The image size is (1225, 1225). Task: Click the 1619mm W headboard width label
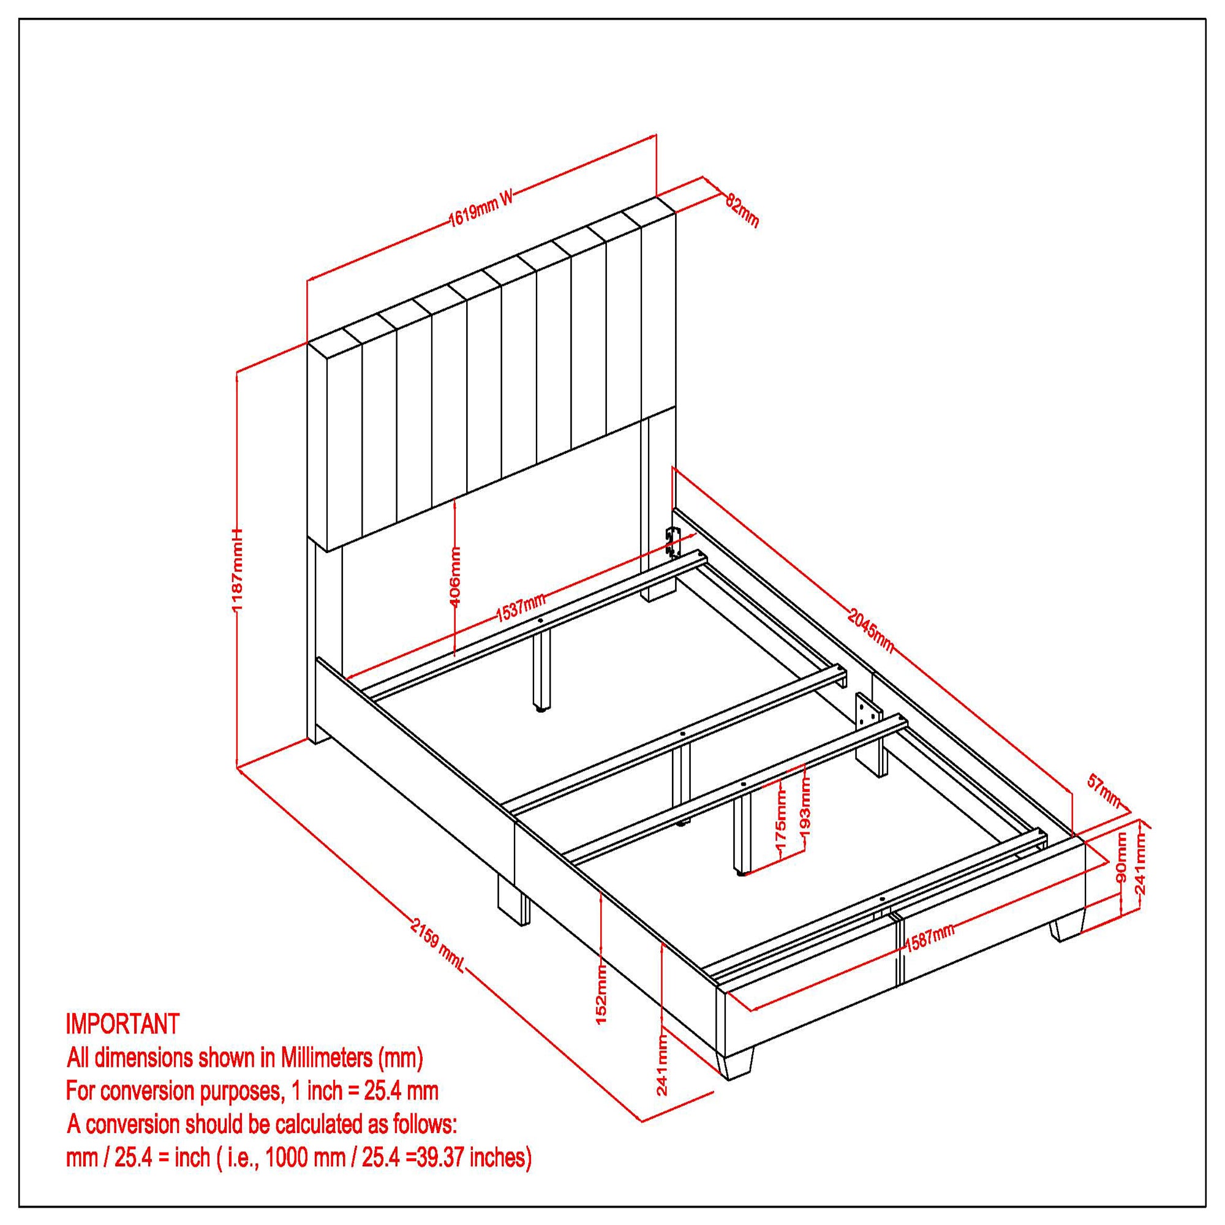click(480, 209)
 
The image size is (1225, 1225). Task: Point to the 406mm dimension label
click(455, 576)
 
